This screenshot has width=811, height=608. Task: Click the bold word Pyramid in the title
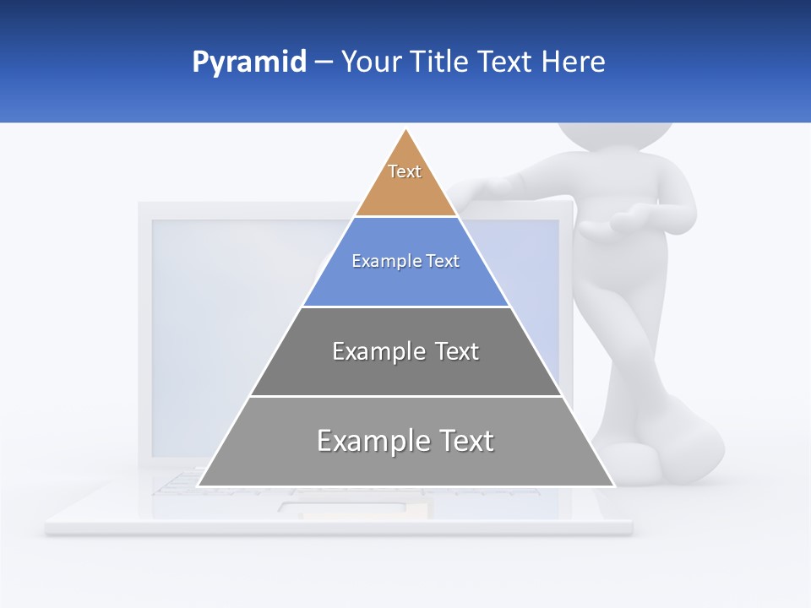click(x=248, y=62)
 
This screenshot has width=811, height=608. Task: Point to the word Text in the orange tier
click(x=405, y=171)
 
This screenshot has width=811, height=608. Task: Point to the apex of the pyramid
click(x=406, y=131)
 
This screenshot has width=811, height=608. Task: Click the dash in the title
click(x=324, y=62)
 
